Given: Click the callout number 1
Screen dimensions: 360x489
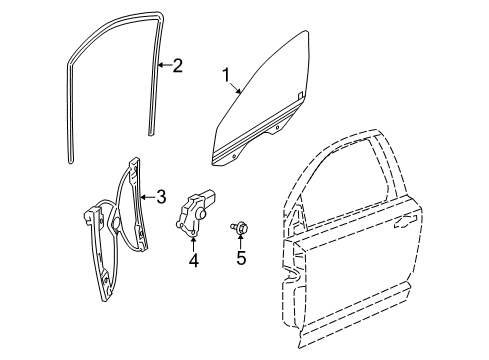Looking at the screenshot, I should pos(226,75).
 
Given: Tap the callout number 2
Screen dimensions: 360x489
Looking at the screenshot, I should pos(177,67).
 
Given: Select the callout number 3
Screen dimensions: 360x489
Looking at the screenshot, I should pos(160,197).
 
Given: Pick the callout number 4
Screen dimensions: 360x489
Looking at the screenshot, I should pos(194,263).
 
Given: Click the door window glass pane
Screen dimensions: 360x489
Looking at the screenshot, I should pos(262,100).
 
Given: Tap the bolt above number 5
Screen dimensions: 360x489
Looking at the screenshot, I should pos(240,228).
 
